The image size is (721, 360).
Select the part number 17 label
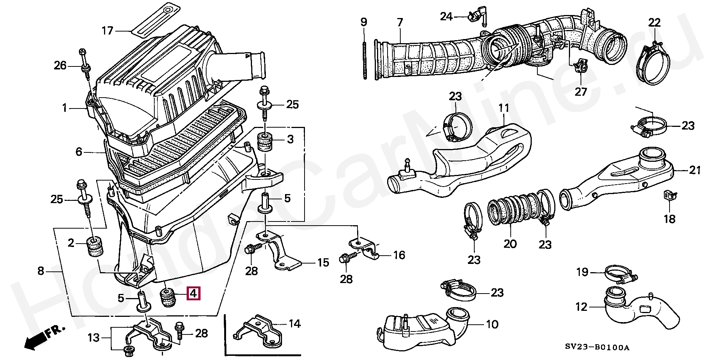coord(108,30)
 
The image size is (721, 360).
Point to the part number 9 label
coord(364,22)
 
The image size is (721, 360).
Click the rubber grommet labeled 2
coord(95,246)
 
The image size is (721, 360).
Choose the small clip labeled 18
coord(670,196)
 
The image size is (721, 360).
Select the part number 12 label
coord(581,307)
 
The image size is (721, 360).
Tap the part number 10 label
coord(492,324)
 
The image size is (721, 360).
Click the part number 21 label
coord(695,170)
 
